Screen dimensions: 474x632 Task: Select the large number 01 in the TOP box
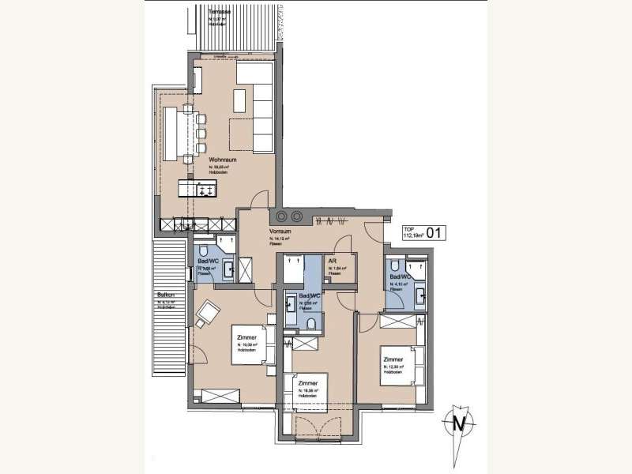[434, 233]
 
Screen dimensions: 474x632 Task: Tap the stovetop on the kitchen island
[207, 190]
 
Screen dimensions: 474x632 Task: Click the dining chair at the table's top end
[188, 107]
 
